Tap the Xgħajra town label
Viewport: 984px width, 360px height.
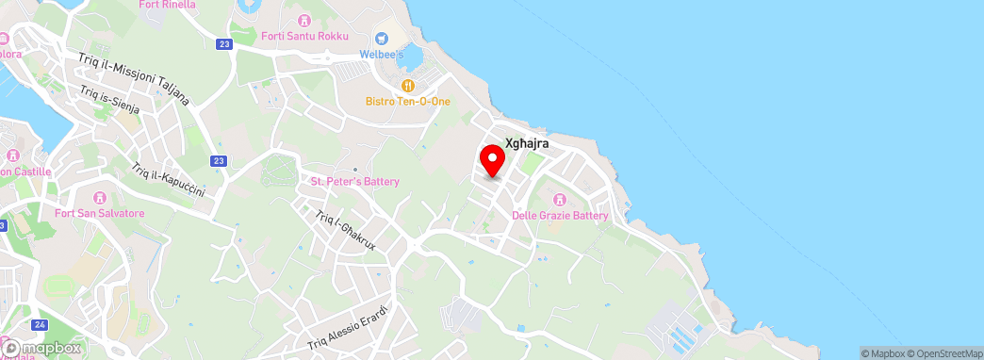coord(527,143)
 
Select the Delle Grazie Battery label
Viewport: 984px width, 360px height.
coord(560,216)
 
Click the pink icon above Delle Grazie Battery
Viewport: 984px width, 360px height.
coord(560,200)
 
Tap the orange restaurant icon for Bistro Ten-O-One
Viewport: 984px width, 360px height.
coord(408,85)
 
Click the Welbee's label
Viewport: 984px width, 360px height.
coord(381,54)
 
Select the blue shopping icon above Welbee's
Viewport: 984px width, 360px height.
coord(382,39)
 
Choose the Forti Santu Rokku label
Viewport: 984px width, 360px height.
coord(306,36)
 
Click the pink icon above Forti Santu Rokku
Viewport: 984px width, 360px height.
coord(303,20)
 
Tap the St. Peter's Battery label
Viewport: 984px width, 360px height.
coord(355,182)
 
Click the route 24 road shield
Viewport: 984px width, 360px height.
coord(39,325)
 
